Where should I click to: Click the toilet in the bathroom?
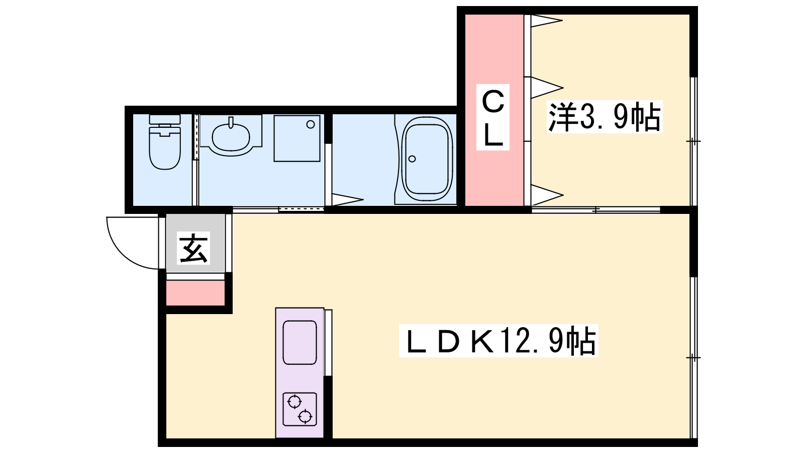[165, 142]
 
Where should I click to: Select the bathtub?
[427, 159]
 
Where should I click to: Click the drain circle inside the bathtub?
[412, 159]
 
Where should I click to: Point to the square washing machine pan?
[297, 138]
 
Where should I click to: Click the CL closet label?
[493, 117]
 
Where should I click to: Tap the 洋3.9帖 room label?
[605, 117]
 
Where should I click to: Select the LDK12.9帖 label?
[498, 340]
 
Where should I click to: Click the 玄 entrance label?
[193, 249]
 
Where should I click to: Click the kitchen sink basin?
[299, 343]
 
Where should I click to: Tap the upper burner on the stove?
[294, 401]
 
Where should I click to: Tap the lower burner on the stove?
[305, 416]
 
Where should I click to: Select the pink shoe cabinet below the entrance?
[195, 293]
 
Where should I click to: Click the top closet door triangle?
[546, 21]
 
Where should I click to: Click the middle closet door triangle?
[547, 88]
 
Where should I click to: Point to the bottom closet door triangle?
[547, 195]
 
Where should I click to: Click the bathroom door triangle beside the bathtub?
[347, 199]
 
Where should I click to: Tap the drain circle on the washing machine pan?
[311, 124]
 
